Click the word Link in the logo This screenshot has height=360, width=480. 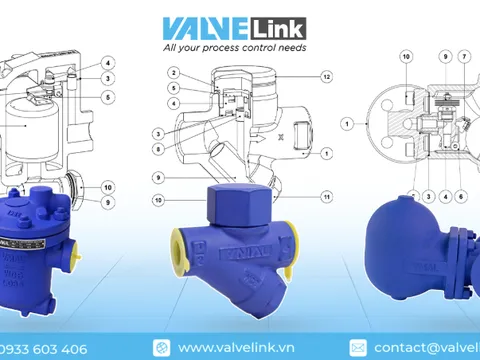coord(281,27)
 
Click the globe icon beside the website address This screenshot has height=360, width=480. coord(162,348)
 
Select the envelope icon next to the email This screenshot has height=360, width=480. coord(357,348)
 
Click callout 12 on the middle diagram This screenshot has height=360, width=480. coord(326,77)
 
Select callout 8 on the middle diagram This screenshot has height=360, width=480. coord(158,148)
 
